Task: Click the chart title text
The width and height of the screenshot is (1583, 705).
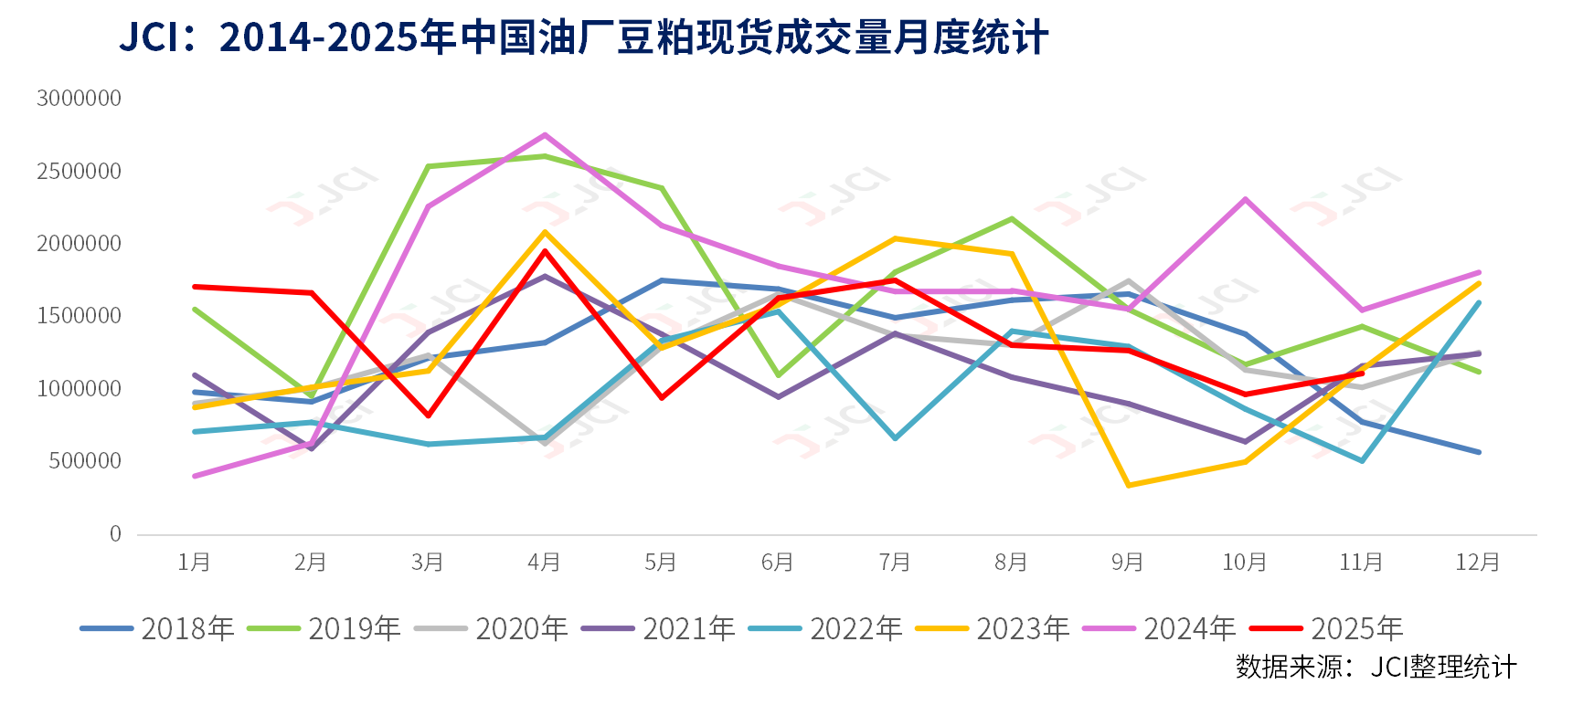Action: tap(583, 37)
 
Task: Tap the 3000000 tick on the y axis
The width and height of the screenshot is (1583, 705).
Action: tap(79, 99)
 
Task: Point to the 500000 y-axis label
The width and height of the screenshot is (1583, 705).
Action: tap(85, 461)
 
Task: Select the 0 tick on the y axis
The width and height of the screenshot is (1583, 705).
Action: tap(115, 534)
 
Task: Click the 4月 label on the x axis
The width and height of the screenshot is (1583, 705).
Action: tap(545, 562)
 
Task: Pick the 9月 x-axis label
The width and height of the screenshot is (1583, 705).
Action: tap(1128, 562)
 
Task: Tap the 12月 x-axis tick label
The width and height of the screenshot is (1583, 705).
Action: tap(1478, 562)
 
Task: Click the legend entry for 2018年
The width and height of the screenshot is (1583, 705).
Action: tap(157, 628)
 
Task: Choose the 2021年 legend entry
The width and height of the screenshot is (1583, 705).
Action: tap(658, 628)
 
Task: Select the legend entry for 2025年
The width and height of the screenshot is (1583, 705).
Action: tap(1326, 628)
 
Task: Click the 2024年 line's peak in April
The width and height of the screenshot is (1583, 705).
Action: tap(546, 135)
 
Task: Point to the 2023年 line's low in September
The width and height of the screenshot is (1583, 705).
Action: tap(1129, 485)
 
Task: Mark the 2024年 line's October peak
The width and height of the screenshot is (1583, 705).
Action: tap(1245, 199)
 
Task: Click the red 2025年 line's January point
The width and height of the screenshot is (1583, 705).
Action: tap(196, 287)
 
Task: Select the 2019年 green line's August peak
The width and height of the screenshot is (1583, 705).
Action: tap(1012, 219)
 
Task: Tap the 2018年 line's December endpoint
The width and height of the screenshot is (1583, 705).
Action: tap(1478, 452)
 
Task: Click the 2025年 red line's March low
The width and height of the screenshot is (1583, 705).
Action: tap(429, 416)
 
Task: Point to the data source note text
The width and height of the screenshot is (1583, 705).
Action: tap(1376, 667)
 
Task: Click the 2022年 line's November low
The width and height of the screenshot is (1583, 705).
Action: tap(1362, 461)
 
